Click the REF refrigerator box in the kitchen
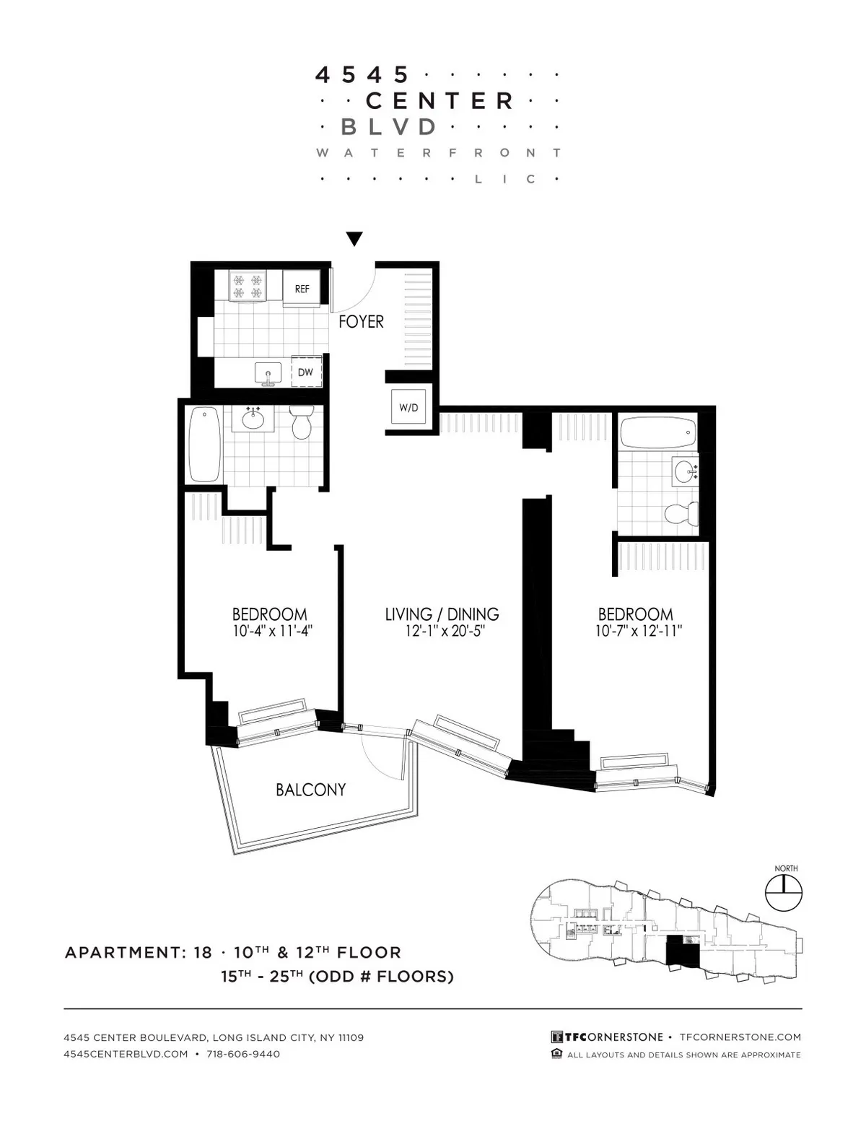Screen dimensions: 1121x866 pos(302,289)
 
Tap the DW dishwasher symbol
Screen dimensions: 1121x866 pos(305,372)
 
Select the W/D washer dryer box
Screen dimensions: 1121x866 pos(408,408)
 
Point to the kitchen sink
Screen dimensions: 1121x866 pos(268,375)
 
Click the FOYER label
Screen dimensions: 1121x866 pos(361,322)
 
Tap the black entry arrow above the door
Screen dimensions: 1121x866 pos(354,239)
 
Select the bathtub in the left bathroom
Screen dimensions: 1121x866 pos(204,443)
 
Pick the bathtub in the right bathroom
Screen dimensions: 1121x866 pos(657,432)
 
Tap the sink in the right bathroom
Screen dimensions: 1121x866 pos(685,472)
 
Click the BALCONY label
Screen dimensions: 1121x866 pos(310,790)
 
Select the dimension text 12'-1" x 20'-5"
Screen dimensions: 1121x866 pos(442,632)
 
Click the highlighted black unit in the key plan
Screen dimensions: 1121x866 pos(681,951)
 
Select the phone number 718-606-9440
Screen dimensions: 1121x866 pos(243,1054)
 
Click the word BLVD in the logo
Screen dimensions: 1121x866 pos(388,127)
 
